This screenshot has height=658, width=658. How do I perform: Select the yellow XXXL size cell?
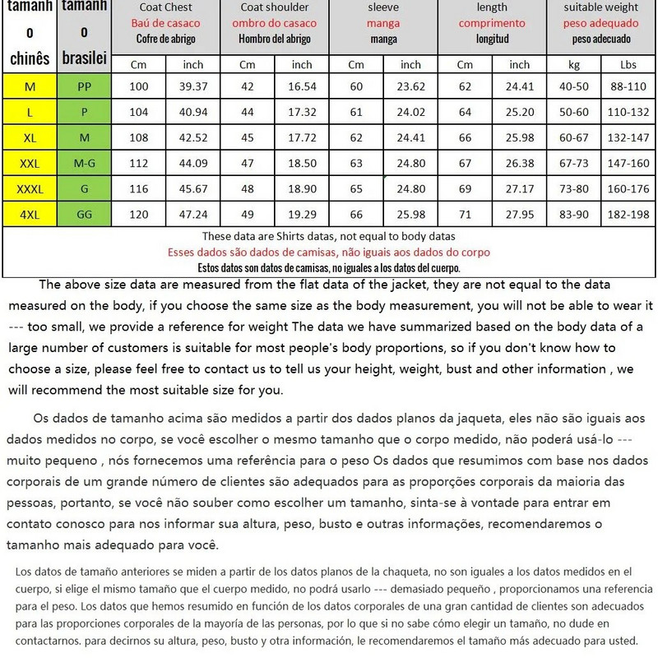[x=29, y=190]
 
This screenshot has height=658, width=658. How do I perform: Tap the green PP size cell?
[x=84, y=86]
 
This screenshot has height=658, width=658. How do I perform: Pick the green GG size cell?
[x=84, y=216]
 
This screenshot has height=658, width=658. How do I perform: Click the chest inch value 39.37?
[x=192, y=86]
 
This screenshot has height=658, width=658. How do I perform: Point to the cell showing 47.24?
[x=192, y=216]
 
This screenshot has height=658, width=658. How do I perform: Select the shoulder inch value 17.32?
[x=301, y=112]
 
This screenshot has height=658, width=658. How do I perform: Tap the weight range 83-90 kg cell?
[x=573, y=216]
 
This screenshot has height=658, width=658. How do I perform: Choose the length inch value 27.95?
[x=519, y=216]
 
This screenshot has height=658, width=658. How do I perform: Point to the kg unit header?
[x=573, y=64]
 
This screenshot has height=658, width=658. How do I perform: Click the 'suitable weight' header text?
[x=601, y=8]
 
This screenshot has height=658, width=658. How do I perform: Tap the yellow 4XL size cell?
[x=29, y=216]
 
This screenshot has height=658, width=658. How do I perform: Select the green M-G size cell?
[x=84, y=164]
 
